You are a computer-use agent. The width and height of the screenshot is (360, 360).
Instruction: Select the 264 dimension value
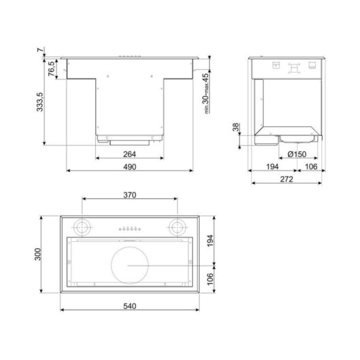click(x=130, y=154)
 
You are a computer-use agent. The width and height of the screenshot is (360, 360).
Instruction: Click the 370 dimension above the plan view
click(x=130, y=195)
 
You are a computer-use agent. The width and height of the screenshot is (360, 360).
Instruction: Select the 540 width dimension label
click(x=130, y=306)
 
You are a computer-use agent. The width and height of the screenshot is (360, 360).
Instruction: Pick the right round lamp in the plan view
click(x=178, y=226)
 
